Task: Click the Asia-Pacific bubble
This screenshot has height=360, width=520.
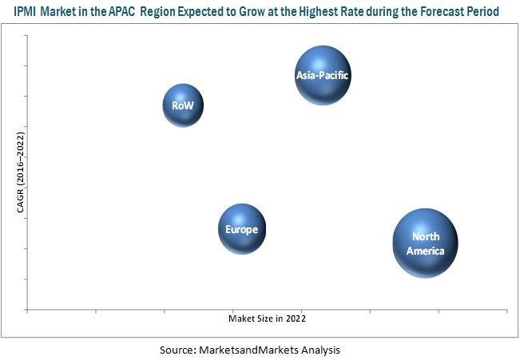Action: click(x=323, y=76)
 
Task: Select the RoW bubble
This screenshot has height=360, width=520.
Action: click(x=183, y=105)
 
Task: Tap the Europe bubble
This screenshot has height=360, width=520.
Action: click(x=241, y=230)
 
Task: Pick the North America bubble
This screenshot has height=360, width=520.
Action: click(x=425, y=243)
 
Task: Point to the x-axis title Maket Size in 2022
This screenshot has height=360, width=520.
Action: click(x=267, y=318)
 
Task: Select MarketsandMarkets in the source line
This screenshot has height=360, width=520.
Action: click(x=252, y=350)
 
